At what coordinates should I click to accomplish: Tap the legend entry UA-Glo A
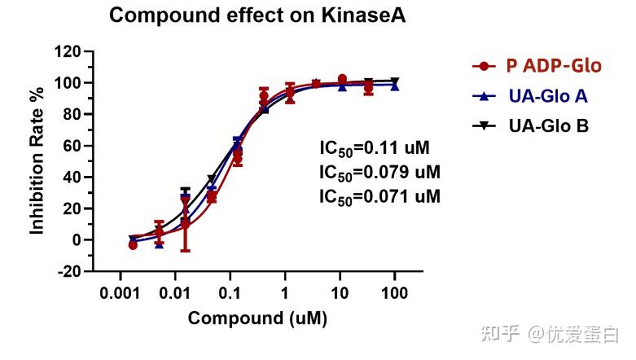547,96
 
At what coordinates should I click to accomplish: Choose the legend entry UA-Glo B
548,125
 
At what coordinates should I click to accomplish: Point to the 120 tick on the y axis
68,52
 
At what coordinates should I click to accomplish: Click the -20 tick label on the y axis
68,271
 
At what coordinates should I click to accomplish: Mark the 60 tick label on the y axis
72,147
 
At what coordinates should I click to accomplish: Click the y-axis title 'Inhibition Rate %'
37,161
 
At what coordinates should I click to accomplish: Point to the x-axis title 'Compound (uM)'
257,318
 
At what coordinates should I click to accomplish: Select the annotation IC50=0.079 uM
379,173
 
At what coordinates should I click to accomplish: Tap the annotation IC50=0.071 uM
379,196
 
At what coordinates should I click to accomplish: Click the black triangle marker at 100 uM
395,81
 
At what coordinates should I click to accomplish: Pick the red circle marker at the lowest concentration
133,244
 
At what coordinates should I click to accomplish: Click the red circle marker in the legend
485,66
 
